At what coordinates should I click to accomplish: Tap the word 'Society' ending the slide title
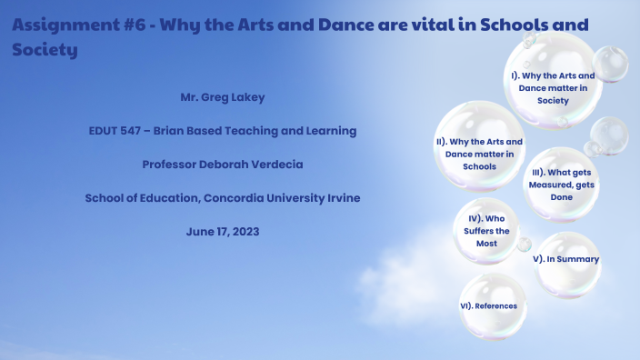45,50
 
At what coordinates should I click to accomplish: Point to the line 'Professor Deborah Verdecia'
222,165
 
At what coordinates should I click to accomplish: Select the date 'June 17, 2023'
223,232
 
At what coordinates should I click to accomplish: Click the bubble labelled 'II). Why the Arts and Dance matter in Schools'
479,154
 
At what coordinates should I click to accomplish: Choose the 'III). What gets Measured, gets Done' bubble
561,185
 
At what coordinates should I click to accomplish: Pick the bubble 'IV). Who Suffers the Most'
486,231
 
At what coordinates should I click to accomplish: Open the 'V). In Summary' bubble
566,259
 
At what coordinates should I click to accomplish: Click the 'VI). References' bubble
489,306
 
